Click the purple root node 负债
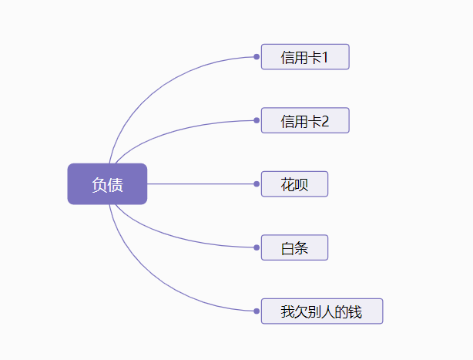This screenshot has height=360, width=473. [x=107, y=184]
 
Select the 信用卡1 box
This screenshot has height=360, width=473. [x=305, y=57]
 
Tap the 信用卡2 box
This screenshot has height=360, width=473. [x=305, y=120]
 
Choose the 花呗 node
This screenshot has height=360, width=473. [x=294, y=184]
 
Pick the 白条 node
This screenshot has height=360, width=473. [x=294, y=247]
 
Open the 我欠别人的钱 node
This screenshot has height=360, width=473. [x=321, y=311]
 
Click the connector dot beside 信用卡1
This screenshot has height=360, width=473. [x=256, y=57]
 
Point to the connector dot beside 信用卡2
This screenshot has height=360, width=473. [x=256, y=120]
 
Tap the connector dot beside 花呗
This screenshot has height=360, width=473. [x=256, y=184]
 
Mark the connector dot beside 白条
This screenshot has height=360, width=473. [x=256, y=247]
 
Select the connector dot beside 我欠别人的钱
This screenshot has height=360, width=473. [x=256, y=311]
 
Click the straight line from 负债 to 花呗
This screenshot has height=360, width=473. [x=200, y=184]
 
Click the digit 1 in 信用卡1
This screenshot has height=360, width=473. [x=324, y=57]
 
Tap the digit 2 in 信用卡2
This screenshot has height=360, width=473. [x=324, y=120]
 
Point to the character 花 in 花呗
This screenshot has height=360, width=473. [x=287, y=184]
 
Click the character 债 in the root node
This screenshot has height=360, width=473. [x=115, y=184]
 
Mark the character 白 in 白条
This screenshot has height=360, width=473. [x=287, y=247]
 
